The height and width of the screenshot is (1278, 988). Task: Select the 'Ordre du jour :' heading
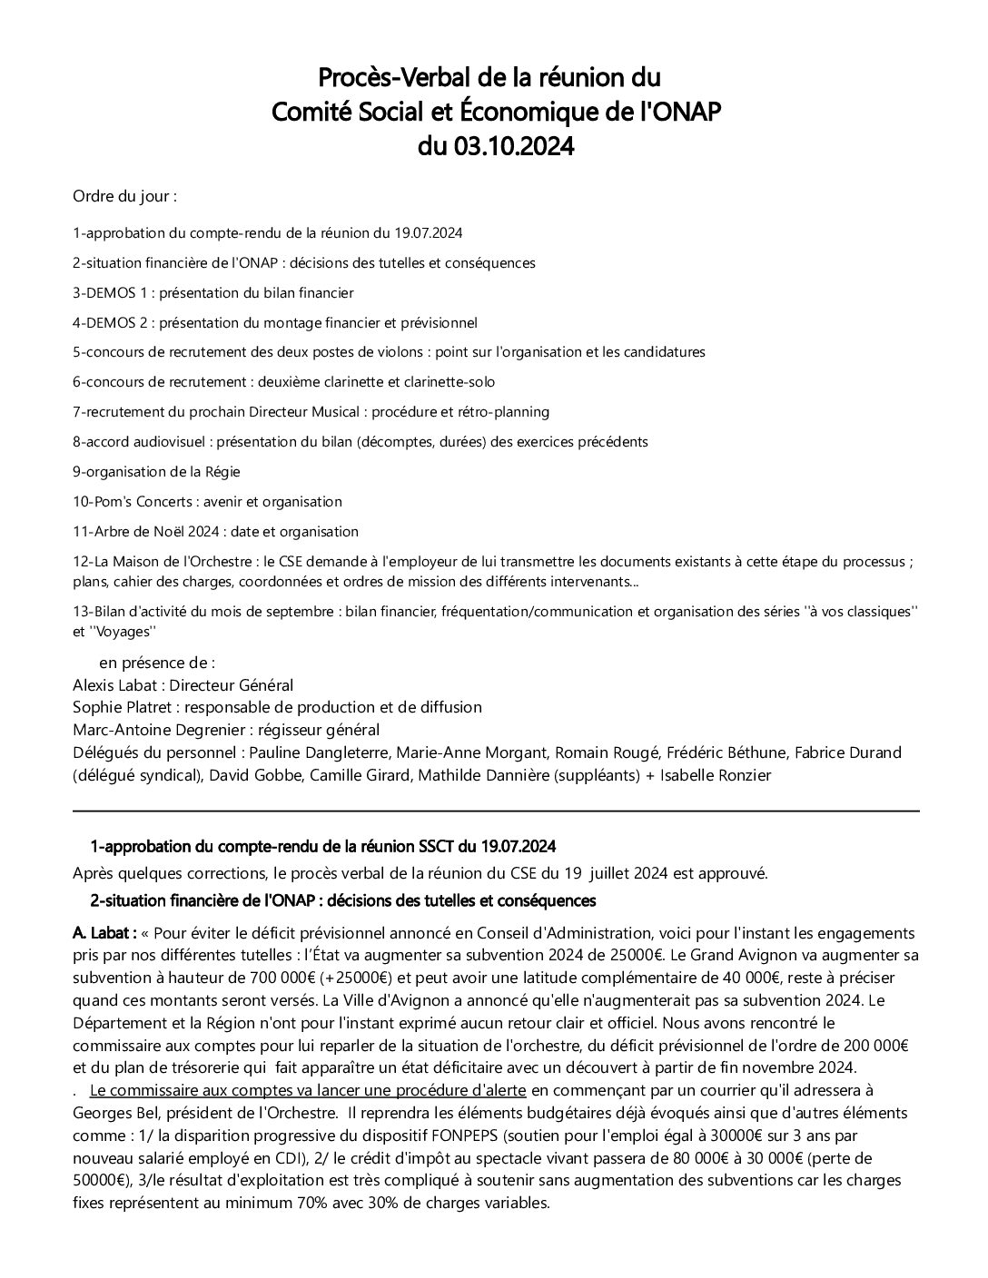coord(124,196)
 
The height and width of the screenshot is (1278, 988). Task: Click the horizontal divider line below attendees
coord(496,811)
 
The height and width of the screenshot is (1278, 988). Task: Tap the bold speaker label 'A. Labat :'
coord(104,933)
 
